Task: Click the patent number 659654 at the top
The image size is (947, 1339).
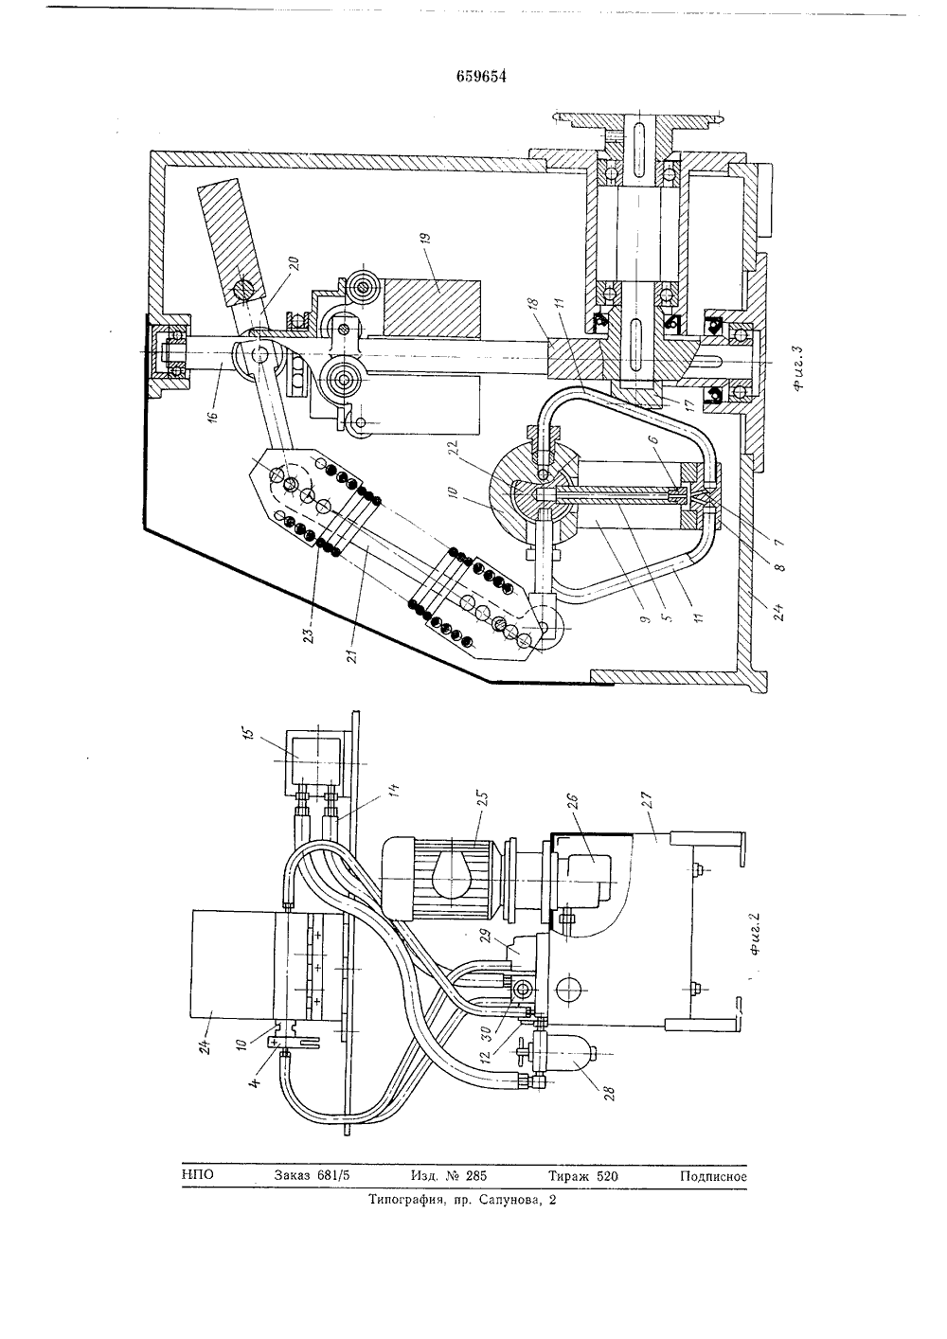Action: (x=481, y=76)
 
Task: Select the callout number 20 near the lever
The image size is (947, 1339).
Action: (x=295, y=263)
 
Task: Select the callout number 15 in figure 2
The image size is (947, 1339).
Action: (x=249, y=733)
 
